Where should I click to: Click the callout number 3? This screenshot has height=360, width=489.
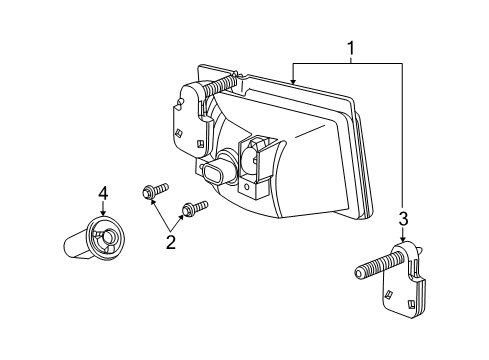click(402, 219)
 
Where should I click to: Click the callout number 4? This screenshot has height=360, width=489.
click(101, 193)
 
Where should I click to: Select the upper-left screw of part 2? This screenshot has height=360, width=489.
click(154, 190)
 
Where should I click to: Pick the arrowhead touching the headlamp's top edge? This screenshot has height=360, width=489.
click(291, 79)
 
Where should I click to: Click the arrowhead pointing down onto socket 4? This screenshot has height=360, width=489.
click(101, 215)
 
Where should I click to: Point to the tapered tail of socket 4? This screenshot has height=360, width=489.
click(75, 245)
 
